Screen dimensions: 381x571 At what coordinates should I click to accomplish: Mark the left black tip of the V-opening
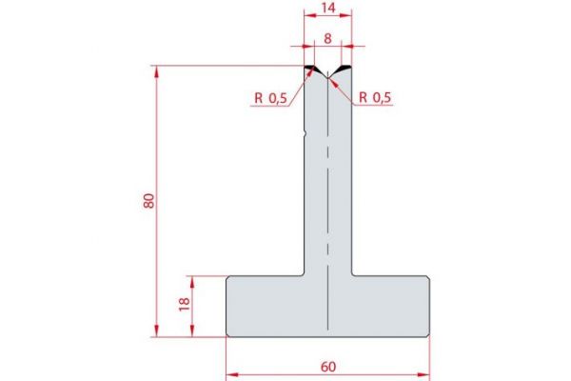310,68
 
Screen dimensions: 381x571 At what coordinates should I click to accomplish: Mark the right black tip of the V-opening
345,68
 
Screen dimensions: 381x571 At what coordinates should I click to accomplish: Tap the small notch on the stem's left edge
305,134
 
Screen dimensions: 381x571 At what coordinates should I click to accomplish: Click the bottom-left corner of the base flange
227,335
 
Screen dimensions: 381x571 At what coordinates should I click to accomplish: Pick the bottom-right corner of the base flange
429,335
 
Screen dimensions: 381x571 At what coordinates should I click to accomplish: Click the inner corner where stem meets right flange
351,275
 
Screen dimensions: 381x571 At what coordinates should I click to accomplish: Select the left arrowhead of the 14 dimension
306,16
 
